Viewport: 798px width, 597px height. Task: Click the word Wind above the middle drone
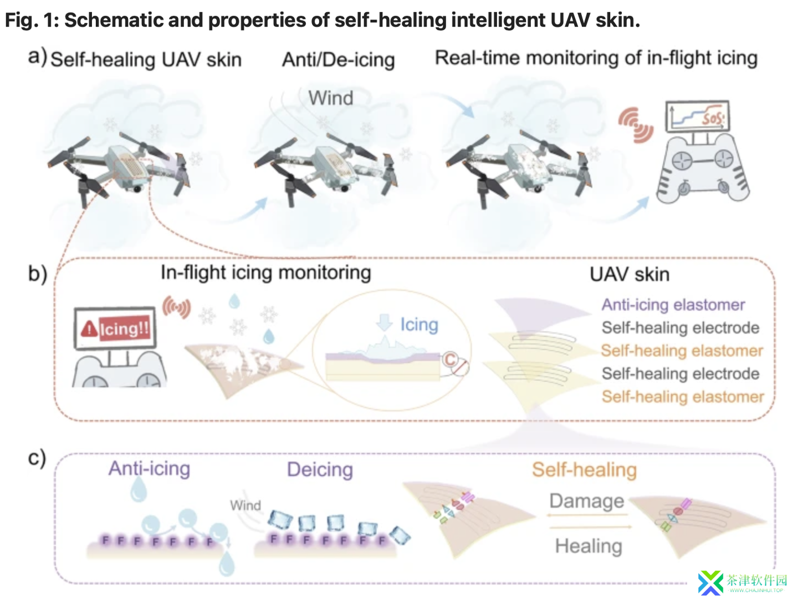pyautogui.click(x=331, y=98)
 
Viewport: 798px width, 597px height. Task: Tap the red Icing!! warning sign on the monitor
pyautogui.click(x=116, y=328)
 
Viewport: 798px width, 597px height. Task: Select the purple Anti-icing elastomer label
pyautogui.click(x=673, y=305)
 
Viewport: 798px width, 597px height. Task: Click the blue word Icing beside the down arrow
pyautogui.click(x=419, y=325)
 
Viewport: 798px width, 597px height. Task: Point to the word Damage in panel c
pyautogui.click(x=587, y=501)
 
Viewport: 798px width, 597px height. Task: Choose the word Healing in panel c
pyautogui.click(x=589, y=546)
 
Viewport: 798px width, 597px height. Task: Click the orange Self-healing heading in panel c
pyautogui.click(x=584, y=470)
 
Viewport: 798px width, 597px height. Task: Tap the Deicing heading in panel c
pyautogui.click(x=320, y=470)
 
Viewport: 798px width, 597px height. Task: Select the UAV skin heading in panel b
pyautogui.click(x=630, y=274)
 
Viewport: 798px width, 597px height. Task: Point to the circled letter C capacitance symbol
pyautogui.click(x=450, y=360)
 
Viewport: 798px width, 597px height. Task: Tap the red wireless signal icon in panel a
pyautogui.click(x=636, y=125)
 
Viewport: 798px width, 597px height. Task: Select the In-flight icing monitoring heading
pyautogui.click(x=266, y=272)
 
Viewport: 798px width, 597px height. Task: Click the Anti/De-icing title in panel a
pyautogui.click(x=339, y=60)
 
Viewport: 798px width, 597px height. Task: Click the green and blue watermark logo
pyautogui.click(x=710, y=583)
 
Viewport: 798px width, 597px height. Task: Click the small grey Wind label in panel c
pyautogui.click(x=245, y=505)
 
